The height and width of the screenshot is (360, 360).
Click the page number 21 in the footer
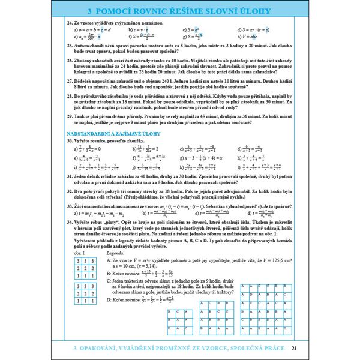point(293,348)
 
